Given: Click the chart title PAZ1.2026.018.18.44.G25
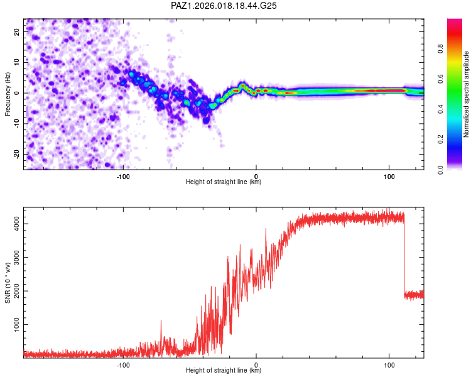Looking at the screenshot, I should (224, 6).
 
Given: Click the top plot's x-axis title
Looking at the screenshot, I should (224, 182).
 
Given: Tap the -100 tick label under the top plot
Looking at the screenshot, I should (123, 176).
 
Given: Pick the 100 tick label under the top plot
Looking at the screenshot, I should (389, 176).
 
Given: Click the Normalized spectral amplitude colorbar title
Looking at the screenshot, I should (467, 94).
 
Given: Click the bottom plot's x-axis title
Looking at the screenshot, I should (224, 371).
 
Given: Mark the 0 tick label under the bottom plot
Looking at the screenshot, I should (256, 364).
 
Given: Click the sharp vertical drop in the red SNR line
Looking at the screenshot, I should (404, 254).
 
